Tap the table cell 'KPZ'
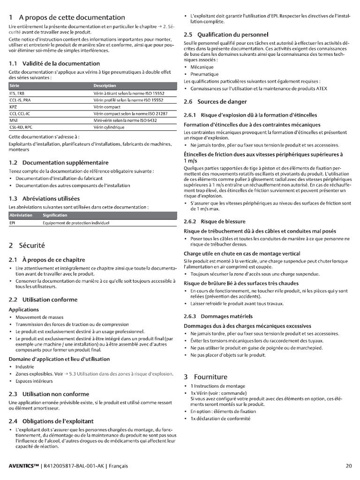[13, 107]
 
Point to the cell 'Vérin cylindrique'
[109, 127]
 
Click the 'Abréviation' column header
[21, 215]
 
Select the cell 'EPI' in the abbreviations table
[13, 223]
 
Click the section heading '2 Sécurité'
[27, 245]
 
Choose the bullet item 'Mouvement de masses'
[36, 317]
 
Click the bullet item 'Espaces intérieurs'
[34, 381]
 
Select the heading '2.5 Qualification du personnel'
[226, 35]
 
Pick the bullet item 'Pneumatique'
[204, 74]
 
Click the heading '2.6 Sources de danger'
[215, 102]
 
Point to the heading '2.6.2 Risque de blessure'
[214, 221]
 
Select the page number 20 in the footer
[348, 466]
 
